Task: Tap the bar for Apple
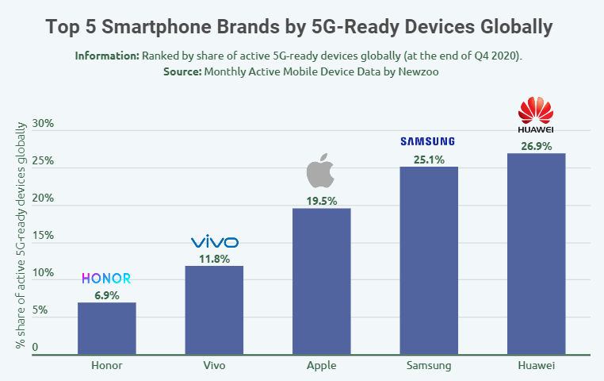tap(321, 281)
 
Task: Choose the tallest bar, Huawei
tap(536, 253)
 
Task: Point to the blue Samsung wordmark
tap(428, 141)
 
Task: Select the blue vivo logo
tap(214, 242)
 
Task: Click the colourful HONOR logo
tap(106, 279)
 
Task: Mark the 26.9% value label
tap(536, 146)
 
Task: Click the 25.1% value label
tap(428, 160)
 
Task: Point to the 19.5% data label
tap(321, 202)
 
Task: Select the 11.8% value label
tap(214, 259)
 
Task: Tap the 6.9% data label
tap(106, 295)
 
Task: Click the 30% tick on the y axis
tap(43, 124)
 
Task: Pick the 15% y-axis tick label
tap(43, 236)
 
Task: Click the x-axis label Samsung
tap(428, 366)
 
